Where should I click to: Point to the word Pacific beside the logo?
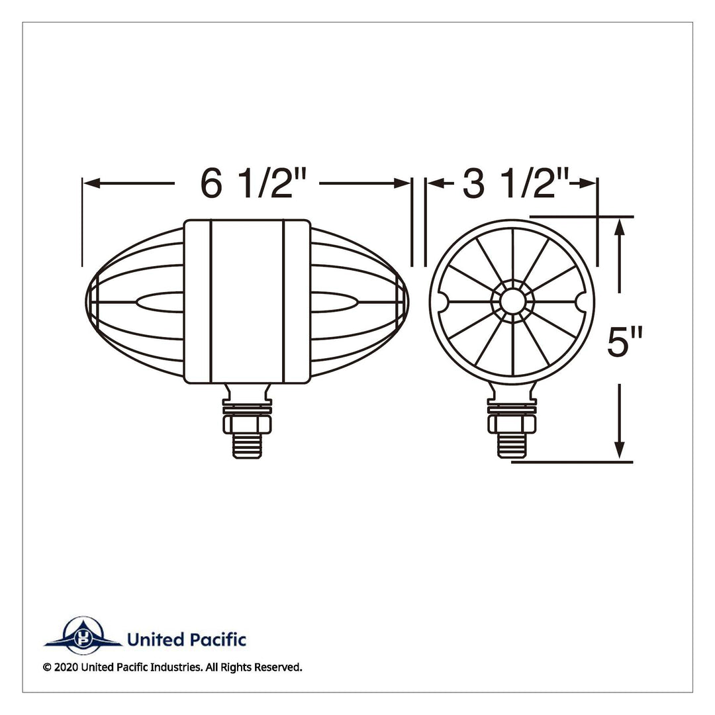click(x=218, y=640)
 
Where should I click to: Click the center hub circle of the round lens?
click(x=512, y=301)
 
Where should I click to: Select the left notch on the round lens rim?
click(x=443, y=301)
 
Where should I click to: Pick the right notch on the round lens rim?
click(x=582, y=301)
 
